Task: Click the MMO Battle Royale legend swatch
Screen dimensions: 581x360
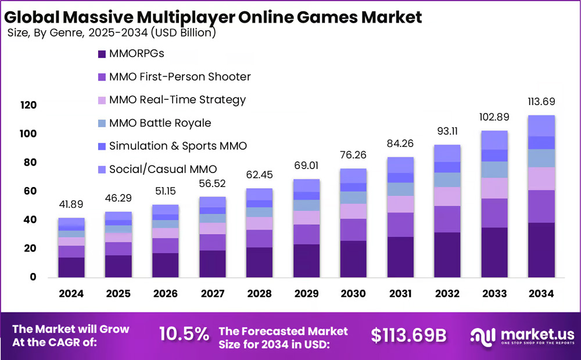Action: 102,123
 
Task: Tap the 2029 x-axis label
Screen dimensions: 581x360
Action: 306,294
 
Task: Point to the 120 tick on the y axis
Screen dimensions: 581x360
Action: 28,105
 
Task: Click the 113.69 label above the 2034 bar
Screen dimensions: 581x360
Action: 541,102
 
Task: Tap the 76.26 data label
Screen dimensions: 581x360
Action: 353,155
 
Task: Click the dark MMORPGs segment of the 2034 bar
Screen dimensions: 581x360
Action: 541,250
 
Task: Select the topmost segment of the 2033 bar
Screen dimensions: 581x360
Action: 494,140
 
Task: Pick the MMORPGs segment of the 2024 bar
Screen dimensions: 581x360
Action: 71,267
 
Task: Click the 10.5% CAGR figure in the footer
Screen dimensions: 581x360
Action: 184,334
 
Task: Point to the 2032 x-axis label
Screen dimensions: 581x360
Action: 447,294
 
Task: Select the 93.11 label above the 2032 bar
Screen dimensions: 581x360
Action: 447,131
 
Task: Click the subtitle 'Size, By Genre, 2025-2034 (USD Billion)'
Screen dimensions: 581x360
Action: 112,33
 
